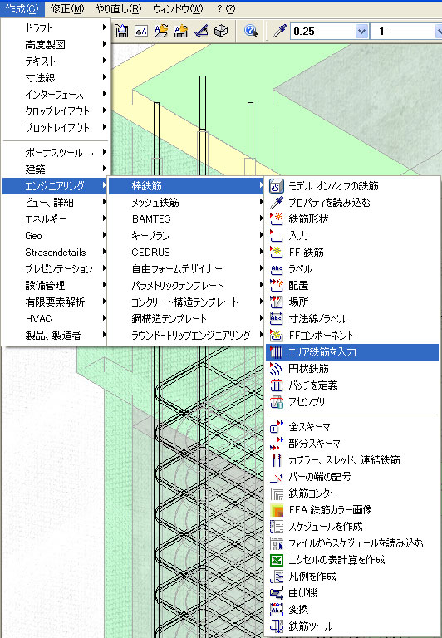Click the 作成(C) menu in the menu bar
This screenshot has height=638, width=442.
[22, 8]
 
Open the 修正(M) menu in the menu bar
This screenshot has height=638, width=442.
[67, 8]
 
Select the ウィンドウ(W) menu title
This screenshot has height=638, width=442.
[178, 8]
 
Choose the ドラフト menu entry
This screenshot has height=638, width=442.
[39, 27]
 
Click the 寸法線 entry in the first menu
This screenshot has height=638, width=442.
[40, 77]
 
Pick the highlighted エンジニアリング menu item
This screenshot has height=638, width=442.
[55, 185]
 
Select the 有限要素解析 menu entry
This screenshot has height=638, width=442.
[55, 302]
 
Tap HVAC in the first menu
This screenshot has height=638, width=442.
[39, 319]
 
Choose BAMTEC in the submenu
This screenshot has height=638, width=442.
[151, 219]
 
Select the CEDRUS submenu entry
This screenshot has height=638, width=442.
[150, 253]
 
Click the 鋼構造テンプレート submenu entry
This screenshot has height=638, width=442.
[169, 319]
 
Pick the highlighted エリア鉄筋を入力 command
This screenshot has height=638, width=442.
[322, 352]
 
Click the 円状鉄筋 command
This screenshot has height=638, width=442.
[308, 369]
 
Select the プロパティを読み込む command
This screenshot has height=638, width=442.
[329, 202]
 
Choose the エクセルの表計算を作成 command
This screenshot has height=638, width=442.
[336, 559]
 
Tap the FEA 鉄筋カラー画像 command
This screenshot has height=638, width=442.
[331, 509]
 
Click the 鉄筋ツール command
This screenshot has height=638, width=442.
[310, 626]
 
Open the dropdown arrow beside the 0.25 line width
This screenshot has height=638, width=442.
[361, 32]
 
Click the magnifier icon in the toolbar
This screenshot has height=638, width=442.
[251, 31]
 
